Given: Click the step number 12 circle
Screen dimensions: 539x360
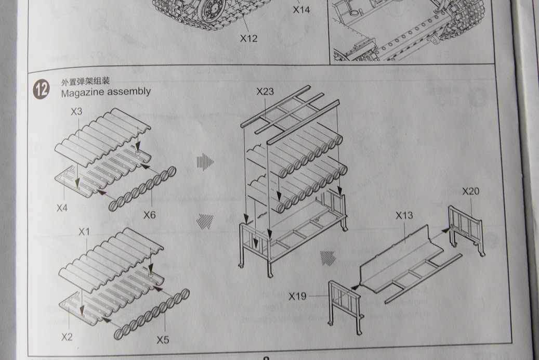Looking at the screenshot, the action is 42,89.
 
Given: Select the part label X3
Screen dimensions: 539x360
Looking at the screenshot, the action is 76,111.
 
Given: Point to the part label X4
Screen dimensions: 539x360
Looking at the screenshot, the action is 63,208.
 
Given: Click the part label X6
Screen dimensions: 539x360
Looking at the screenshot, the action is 150,214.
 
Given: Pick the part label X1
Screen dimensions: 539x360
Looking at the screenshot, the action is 84,232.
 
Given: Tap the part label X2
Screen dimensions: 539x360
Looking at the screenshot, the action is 67,337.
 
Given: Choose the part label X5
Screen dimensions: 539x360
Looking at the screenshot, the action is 163,340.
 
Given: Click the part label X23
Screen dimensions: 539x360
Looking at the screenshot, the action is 265,92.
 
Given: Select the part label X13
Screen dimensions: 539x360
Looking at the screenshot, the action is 404,215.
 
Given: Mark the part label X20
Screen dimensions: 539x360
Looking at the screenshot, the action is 470,191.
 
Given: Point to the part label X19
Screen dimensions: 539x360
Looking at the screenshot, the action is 297,296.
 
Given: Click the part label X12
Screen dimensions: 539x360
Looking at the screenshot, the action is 248,38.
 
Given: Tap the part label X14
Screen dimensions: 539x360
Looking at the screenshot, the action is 301,9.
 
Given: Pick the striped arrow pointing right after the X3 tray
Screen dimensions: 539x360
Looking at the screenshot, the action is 205,162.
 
